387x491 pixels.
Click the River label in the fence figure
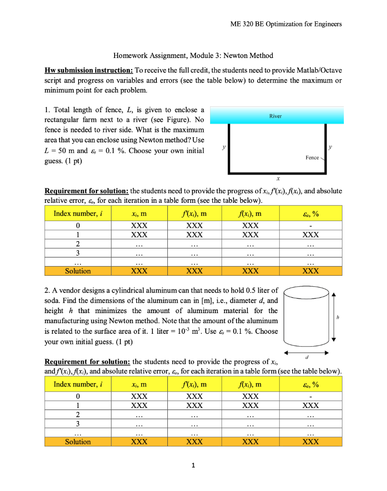(x=275, y=116)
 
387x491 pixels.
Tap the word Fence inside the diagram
(x=312, y=158)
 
